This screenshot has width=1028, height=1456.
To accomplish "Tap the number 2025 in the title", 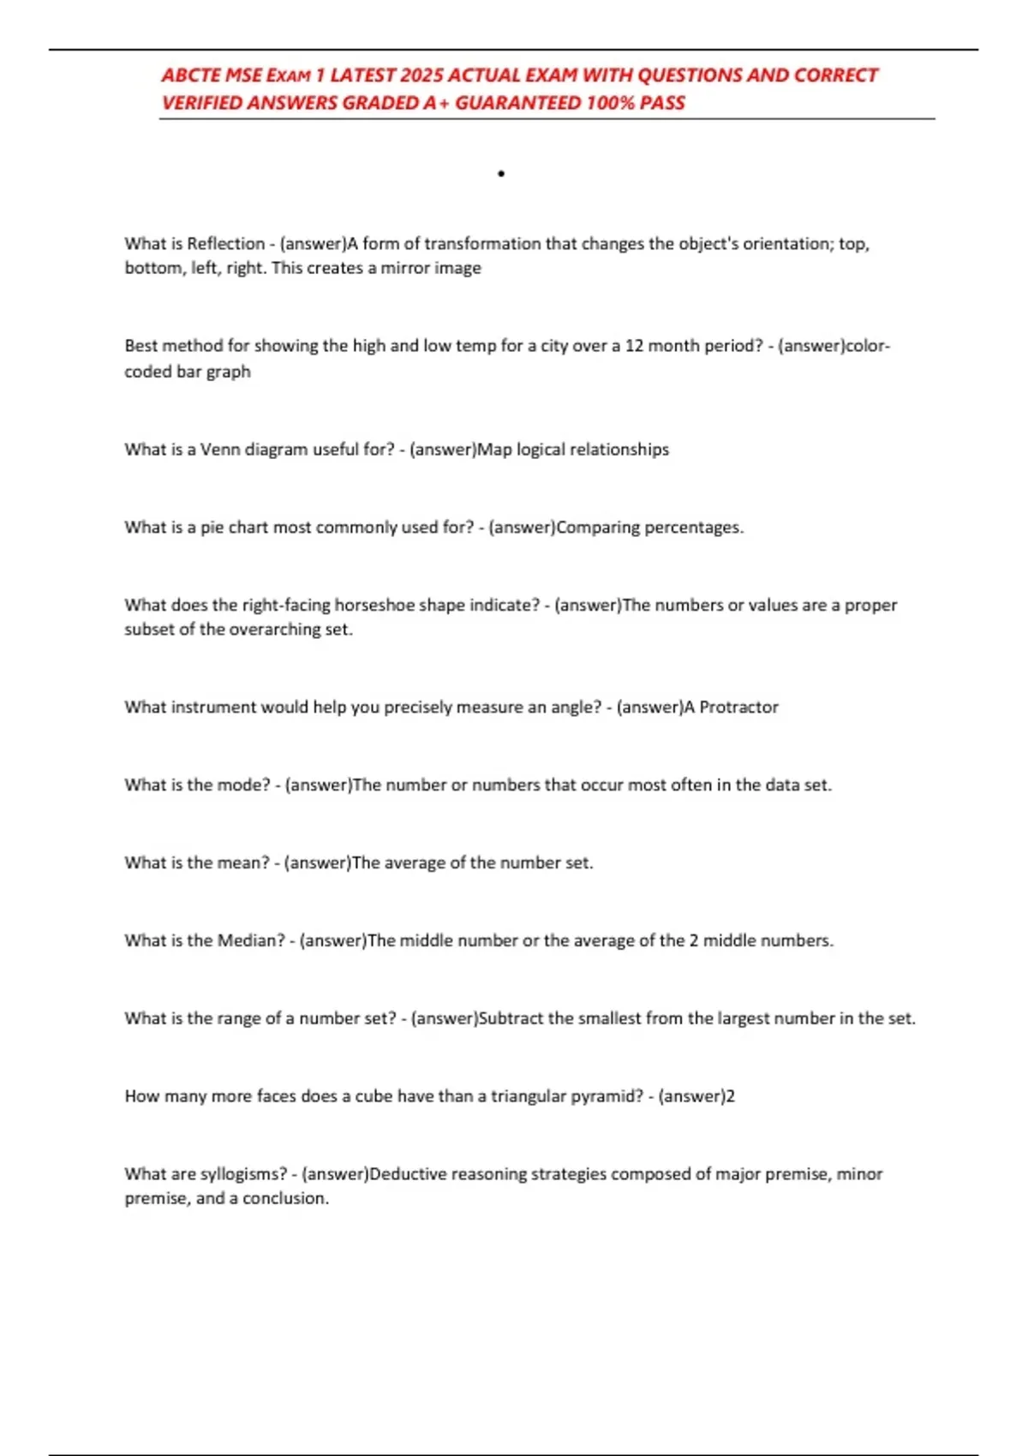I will click(421, 75).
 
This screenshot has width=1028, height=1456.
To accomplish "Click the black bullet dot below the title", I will click(501, 174).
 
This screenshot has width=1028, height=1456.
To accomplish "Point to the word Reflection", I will click(226, 244).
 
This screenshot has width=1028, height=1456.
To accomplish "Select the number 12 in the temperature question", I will click(634, 346).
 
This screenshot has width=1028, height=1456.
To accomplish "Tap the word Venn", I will click(220, 450).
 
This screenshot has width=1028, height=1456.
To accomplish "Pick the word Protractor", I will click(739, 707).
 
